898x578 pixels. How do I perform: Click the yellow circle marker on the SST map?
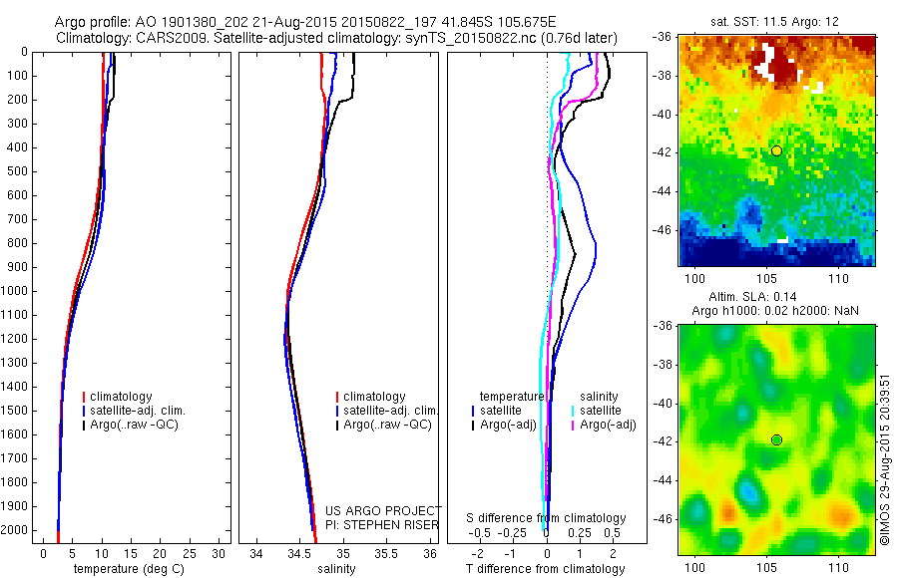776,150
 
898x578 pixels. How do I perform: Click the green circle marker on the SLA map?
776,439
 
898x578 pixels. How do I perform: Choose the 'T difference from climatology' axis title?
545,569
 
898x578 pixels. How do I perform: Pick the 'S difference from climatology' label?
546,518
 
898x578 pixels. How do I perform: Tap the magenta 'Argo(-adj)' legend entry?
602,426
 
